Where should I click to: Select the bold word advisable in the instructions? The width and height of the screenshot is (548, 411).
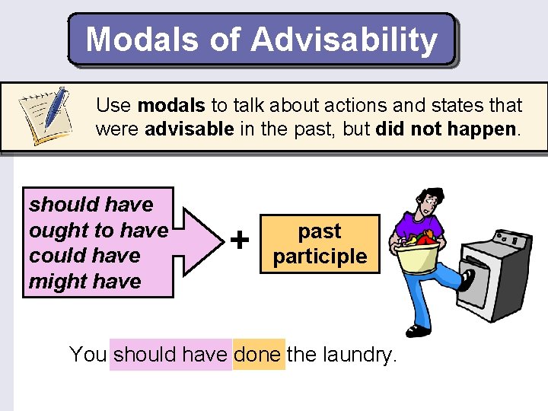(189, 129)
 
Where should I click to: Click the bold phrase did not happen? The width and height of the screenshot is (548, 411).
(445, 129)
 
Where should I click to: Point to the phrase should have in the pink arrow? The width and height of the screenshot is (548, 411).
(91, 205)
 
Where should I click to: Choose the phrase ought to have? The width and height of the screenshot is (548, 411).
(97, 230)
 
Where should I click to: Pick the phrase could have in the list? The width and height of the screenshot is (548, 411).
(84, 256)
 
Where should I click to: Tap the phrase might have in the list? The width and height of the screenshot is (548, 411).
(85, 282)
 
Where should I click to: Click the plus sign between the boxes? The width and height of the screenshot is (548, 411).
(240, 241)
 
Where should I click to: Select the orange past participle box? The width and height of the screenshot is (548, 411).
(320, 244)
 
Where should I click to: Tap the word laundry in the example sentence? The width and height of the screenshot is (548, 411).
(358, 354)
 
